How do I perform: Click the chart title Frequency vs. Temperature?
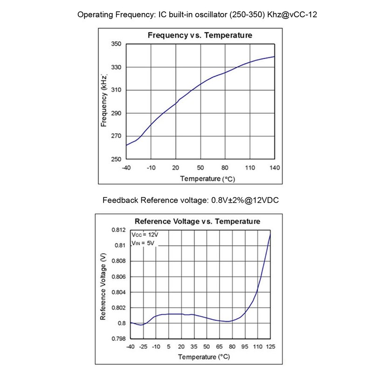[200, 35]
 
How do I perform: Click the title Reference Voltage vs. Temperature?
[197, 221]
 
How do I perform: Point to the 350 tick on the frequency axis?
[116, 44]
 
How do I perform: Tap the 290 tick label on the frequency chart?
[116, 113]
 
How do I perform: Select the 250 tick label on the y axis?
[116, 159]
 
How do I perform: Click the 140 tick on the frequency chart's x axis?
[275, 168]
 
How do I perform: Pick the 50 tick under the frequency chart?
[200, 168]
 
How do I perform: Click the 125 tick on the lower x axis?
[270, 347]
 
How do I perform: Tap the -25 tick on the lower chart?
[143, 347]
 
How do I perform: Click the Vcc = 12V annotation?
[145, 235]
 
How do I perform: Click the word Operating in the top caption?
[96, 14]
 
